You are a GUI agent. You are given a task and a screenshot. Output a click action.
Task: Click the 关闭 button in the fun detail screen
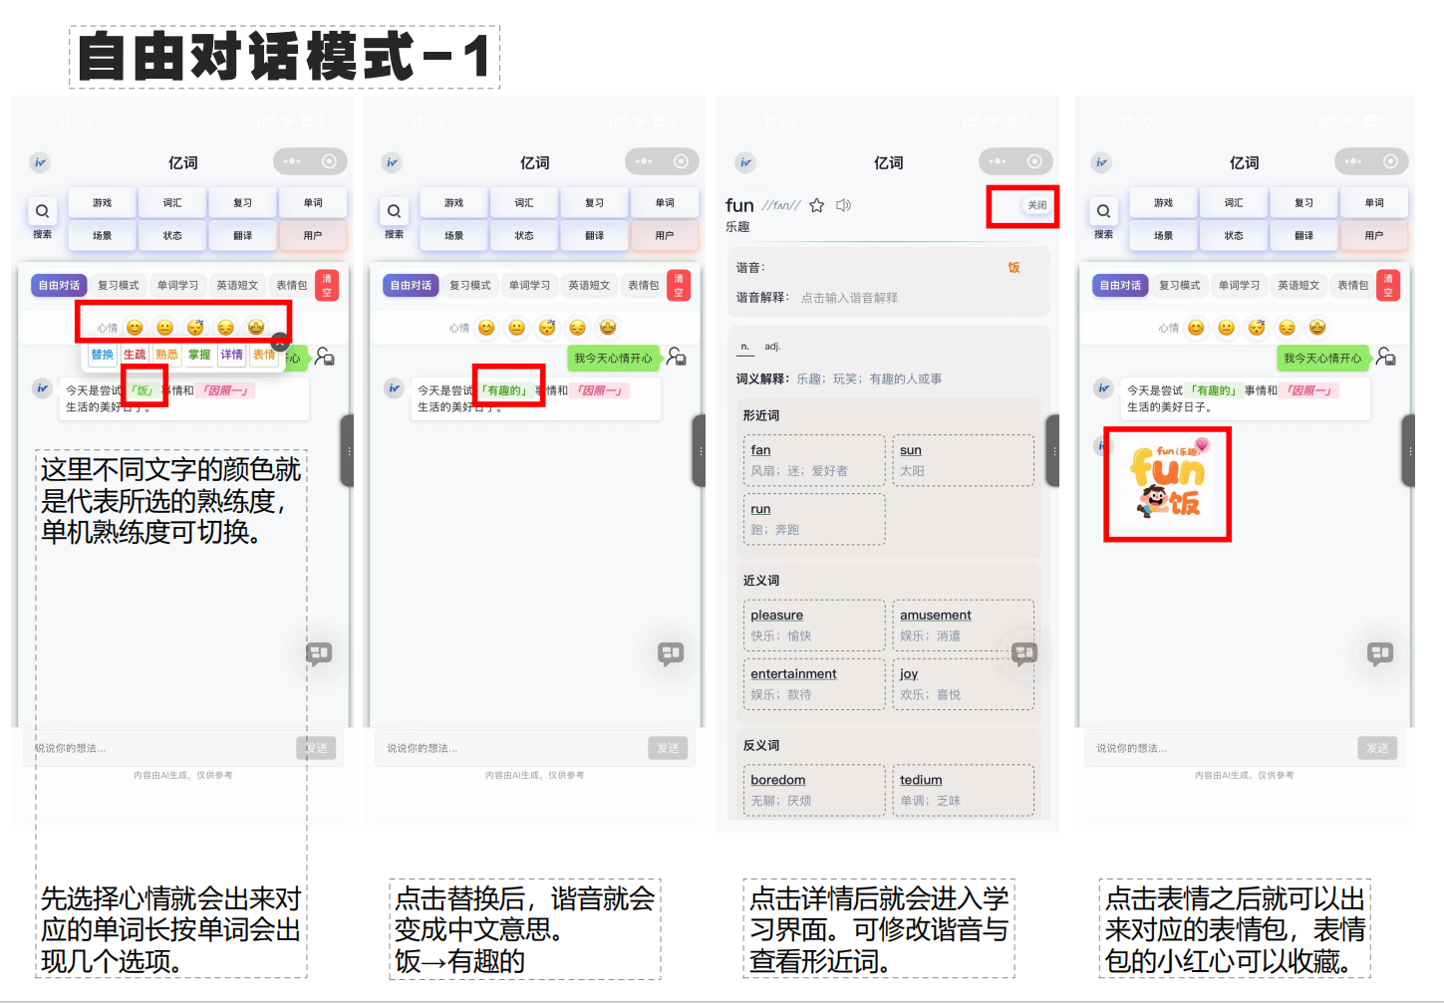point(1036,205)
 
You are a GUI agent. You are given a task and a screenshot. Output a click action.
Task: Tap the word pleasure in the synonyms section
point(776,616)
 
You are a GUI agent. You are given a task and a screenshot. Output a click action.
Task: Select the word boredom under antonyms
point(777,780)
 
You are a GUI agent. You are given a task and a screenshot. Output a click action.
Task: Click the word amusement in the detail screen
point(935,616)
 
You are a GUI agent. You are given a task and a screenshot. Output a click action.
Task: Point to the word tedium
point(921,780)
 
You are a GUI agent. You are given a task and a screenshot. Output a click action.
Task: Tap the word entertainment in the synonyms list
point(793,674)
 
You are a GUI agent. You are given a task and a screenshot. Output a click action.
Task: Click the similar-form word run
point(760,509)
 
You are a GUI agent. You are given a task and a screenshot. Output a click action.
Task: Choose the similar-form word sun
point(910,450)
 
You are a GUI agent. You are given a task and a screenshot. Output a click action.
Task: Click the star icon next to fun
point(816,205)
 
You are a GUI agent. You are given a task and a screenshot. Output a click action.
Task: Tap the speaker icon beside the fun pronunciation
point(843,205)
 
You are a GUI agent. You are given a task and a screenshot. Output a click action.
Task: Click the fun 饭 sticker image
point(1167,483)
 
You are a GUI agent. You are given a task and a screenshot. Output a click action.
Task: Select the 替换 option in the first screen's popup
point(102,355)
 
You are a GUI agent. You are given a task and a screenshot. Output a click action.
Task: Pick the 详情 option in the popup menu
point(231,355)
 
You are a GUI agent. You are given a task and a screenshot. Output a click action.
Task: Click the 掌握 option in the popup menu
point(199,355)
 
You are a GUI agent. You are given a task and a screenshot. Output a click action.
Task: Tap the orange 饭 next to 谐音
point(1013,267)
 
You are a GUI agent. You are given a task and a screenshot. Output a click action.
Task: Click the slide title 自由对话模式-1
point(284,57)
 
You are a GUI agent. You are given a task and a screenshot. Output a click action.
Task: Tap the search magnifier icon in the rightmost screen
point(1103,211)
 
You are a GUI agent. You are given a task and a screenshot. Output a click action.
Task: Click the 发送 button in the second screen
point(668,748)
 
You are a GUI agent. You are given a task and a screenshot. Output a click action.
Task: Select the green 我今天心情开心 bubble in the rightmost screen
point(1321,359)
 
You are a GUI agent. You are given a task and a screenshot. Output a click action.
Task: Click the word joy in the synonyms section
point(908,674)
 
